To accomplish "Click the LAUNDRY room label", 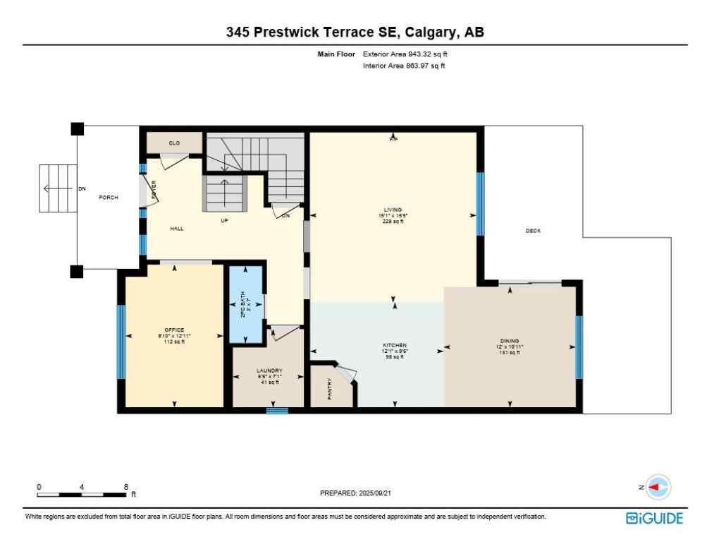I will [269, 371].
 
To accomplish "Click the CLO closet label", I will [174, 143].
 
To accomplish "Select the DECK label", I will [533, 231].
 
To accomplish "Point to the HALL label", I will [177, 229].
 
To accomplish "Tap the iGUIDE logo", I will [654, 518].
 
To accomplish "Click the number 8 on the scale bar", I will [125, 487].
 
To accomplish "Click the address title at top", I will [355, 32].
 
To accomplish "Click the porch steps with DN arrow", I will [56, 188].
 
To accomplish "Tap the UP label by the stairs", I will [225, 220].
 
